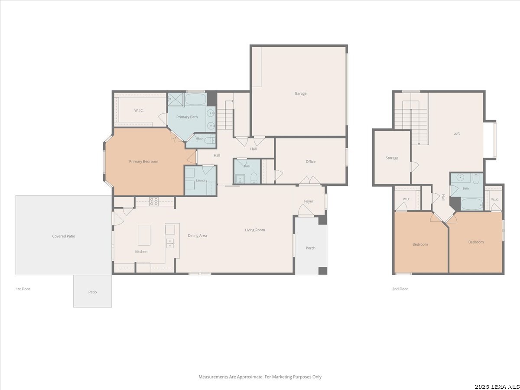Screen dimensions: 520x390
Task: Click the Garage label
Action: tap(300, 94)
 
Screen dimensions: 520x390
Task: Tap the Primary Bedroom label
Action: tap(143, 162)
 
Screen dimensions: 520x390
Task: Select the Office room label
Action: tap(310, 162)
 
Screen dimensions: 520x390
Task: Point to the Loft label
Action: tap(456, 133)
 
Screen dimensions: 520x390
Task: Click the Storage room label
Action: tap(392, 158)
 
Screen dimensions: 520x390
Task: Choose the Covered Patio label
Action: tap(64, 236)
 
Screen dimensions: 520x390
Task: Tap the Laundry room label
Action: tap(201, 180)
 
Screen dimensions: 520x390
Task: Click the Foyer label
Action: tap(309, 201)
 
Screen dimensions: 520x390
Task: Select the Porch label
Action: tap(310, 248)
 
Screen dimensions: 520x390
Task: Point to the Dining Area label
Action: tap(197, 236)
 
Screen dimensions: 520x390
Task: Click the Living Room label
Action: tap(255, 230)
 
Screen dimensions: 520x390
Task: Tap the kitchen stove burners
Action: tap(154, 201)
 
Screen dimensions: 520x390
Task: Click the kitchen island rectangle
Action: tap(144, 235)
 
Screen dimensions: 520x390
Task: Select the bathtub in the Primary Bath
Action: tap(196, 99)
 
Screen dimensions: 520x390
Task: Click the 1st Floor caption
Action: tap(23, 289)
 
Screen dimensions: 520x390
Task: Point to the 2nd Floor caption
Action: tap(400, 289)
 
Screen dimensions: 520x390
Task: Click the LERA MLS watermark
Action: tap(497, 387)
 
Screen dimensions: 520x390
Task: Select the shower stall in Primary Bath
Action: tap(175, 99)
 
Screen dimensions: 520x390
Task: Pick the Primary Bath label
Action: tap(187, 117)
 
